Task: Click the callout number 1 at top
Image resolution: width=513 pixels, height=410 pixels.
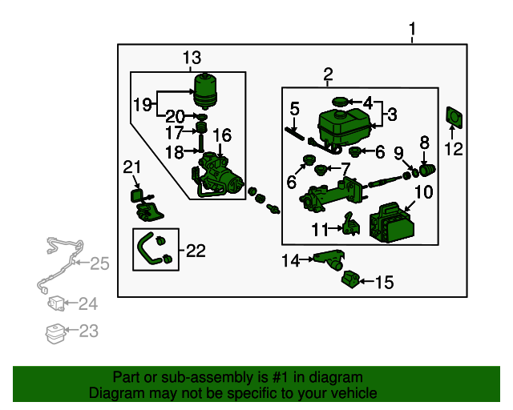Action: click(x=413, y=31)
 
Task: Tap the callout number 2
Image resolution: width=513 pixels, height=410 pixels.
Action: click(x=327, y=75)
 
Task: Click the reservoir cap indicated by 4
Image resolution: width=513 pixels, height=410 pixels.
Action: click(x=340, y=102)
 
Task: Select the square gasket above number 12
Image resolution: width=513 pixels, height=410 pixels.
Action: click(x=454, y=118)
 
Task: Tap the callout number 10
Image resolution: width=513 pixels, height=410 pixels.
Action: click(x=423, y=192)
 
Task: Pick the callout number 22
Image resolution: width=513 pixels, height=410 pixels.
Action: click(x=196, y=251)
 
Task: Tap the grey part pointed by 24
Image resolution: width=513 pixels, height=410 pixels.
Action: click(x=58, y=304)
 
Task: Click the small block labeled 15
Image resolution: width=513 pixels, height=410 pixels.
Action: click(x=349, y=280)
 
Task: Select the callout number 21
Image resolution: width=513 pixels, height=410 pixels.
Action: click(x=131, y=166)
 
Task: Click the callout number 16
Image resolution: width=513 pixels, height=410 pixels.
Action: click(x=221, y=135)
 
